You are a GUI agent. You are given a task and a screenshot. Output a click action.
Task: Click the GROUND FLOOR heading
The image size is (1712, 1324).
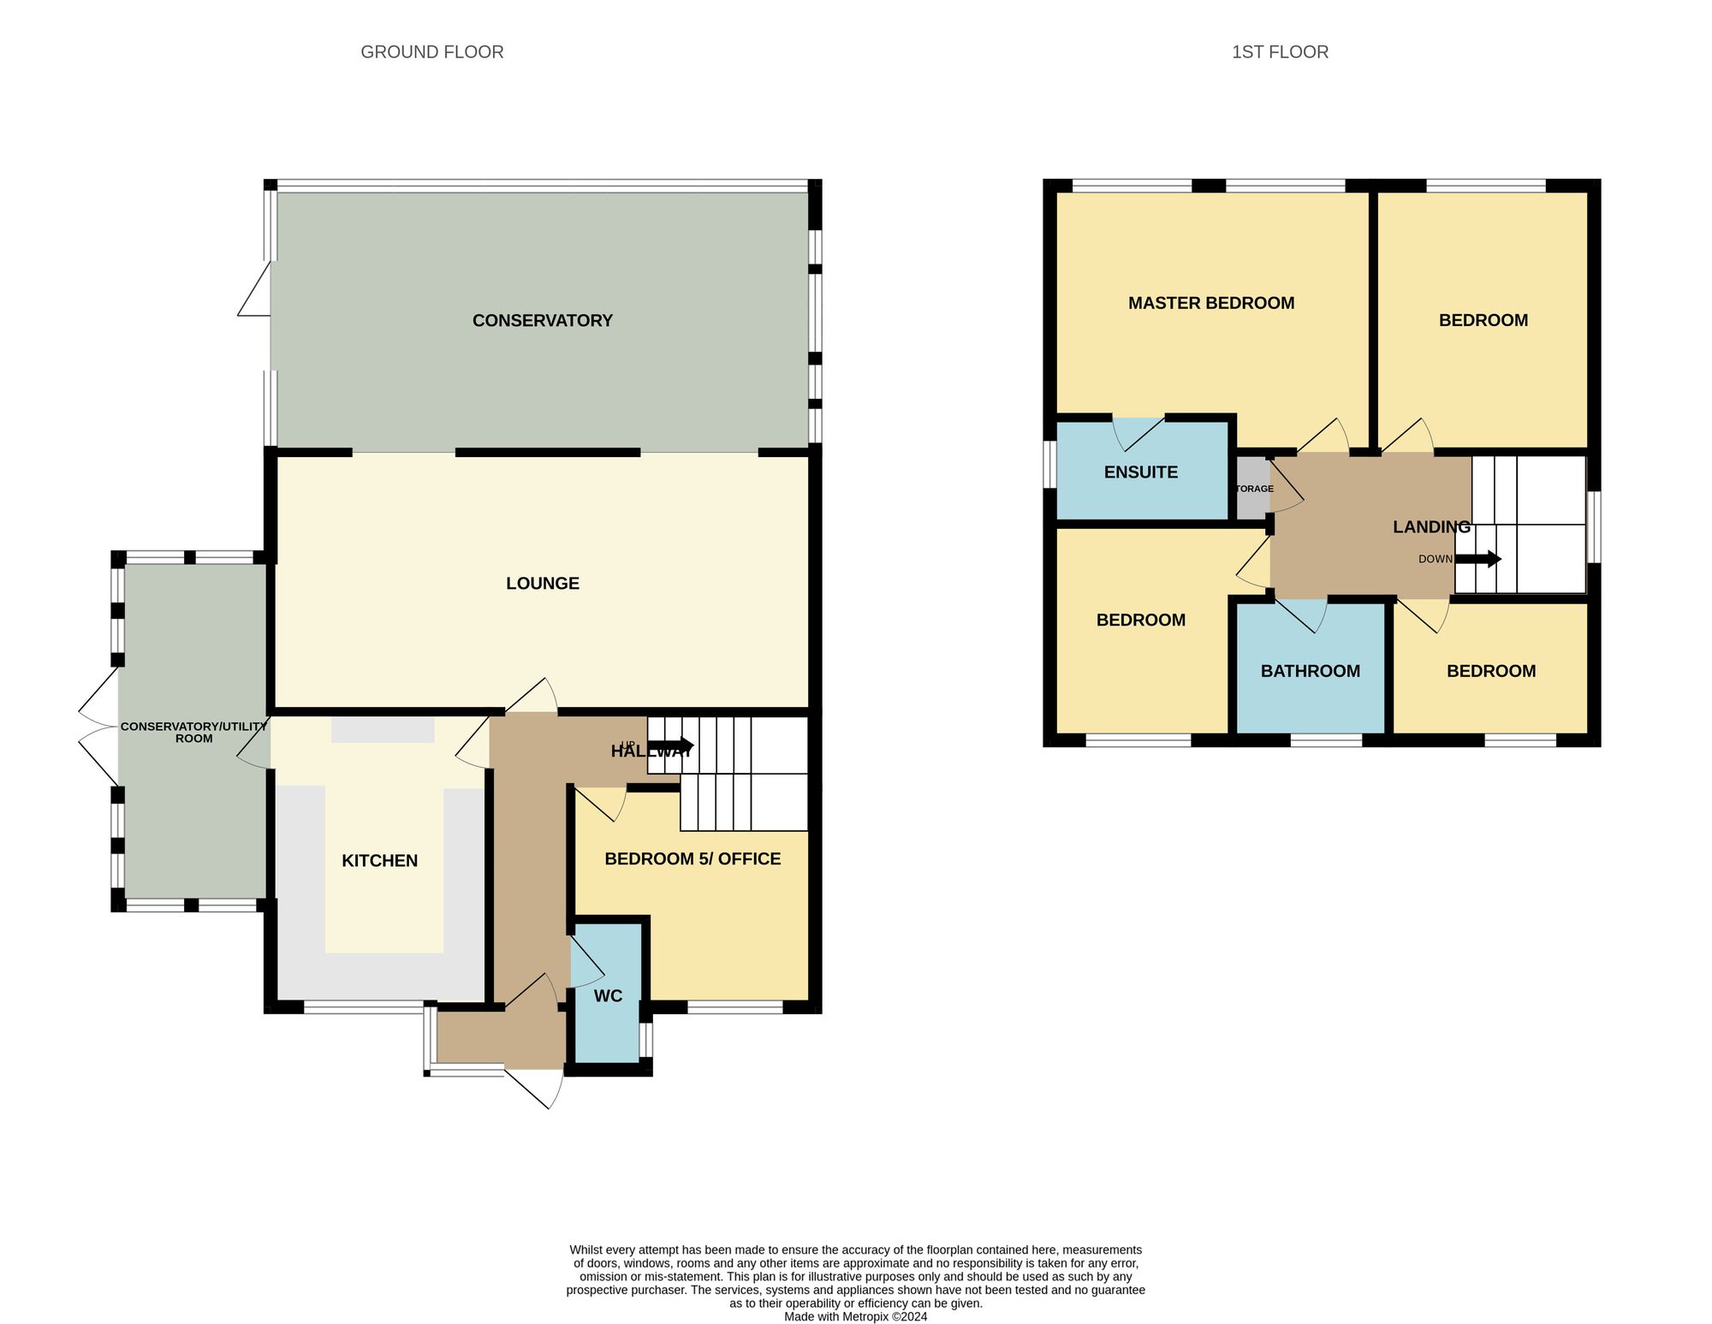click(x=431, y=52)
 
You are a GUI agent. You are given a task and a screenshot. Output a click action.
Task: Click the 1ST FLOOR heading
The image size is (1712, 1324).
click(x=1280, y=52)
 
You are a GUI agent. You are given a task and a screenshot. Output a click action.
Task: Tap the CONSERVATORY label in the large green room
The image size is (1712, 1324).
click(x=542, y=321)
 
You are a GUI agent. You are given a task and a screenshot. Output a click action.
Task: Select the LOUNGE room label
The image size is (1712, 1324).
click(x=542, y=584)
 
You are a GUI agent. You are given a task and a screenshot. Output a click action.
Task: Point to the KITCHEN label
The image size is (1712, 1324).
click(x=379, y=861)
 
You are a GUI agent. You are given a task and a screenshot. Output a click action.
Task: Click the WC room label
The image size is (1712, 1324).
click(x=608, y=996)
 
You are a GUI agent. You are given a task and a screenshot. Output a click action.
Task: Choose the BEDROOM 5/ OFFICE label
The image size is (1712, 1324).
click(x=692, y=859)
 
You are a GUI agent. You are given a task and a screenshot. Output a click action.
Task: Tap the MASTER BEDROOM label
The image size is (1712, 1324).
click(x=1210, y=303)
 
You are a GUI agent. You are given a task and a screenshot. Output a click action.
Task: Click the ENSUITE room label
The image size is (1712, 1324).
click(x=1140, y=472)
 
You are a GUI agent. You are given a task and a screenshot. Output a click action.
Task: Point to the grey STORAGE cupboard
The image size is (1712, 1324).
click(x=1252, y=489)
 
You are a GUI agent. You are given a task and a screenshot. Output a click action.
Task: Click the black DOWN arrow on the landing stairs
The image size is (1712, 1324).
click(x=1478, y=560)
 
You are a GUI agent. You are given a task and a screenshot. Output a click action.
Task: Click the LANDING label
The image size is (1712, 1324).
click(x=1430, y=527)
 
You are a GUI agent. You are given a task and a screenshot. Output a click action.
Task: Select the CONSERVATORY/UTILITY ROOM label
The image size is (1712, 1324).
click(x=193, y=733)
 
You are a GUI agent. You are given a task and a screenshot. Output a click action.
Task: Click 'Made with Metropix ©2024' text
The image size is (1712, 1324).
click(x=855, y=1316)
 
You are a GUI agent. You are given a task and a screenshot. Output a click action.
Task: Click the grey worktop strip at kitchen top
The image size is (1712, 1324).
click(x=383, y=730)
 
